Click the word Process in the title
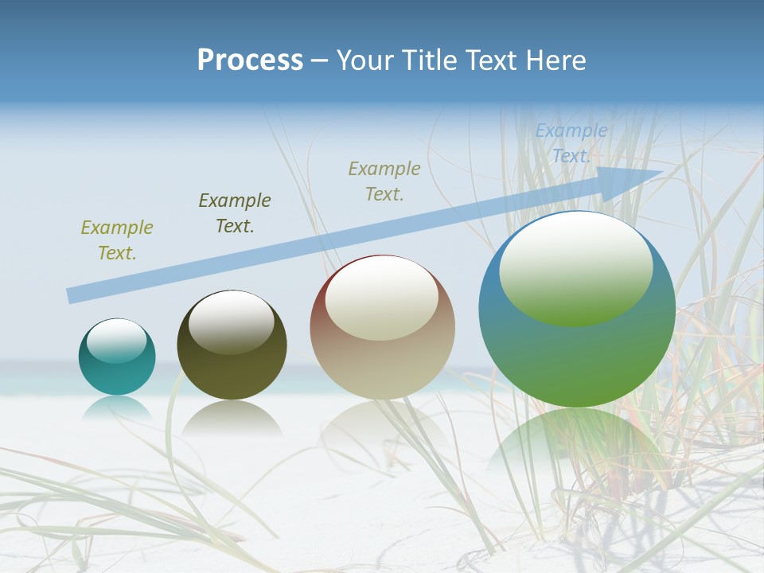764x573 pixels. (250, 60)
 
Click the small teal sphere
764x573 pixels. (117, 358)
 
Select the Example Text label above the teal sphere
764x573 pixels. (117, 240)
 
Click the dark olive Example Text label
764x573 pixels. (235, 212)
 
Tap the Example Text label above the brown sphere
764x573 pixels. (384, 181)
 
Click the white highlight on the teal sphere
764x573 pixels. (116, 340)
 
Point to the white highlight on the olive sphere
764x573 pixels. (231, 321)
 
